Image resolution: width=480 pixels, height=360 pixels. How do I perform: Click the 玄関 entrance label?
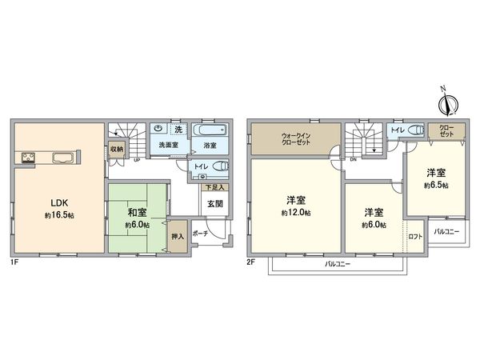tap(215, 203)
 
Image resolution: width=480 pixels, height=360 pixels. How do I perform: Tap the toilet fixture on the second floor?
tap(414, 130)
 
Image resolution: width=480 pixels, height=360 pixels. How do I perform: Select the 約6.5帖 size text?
tap(436, 185)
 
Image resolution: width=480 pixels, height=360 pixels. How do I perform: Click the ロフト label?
tap(415, 236)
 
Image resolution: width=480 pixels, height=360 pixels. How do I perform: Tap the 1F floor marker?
tap(15, 261)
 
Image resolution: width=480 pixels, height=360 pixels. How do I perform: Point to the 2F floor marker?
tap(251, 261)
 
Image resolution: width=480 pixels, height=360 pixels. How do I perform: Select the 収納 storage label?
tap(117, 149)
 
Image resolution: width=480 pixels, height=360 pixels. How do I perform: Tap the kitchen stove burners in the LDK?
tap(26, 156)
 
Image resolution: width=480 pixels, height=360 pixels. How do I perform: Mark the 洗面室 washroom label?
tap(167, 146)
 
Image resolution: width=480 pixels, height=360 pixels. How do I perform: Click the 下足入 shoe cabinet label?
tap(214, 186)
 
